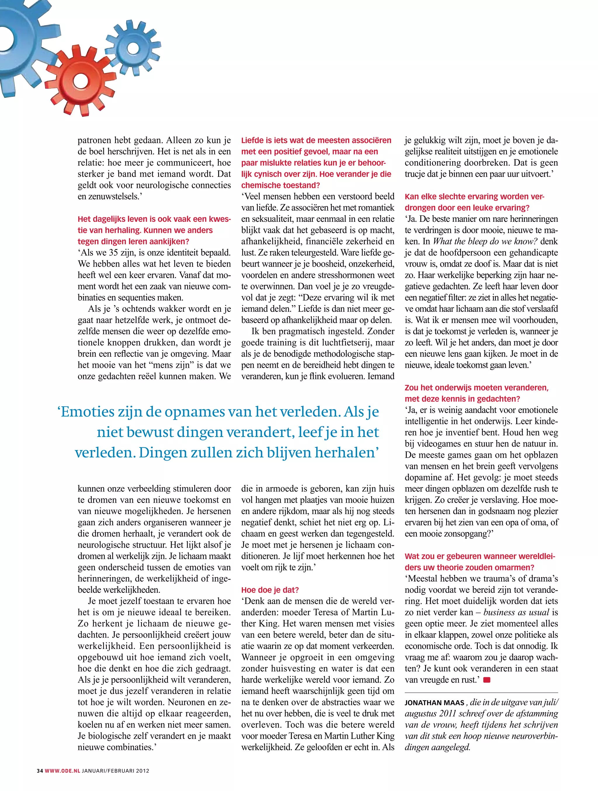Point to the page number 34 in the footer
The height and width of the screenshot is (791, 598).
coord(40,780)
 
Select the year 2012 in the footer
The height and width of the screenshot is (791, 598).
coord(142,780)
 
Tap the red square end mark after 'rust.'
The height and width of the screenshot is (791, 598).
coord(486,680)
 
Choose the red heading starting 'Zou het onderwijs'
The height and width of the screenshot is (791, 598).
coord(477,388)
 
